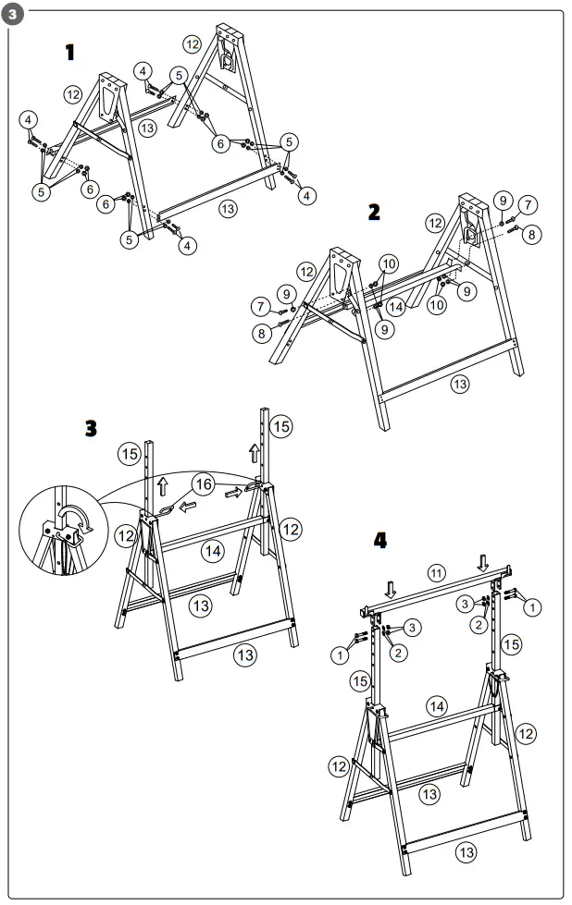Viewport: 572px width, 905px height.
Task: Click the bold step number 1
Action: (x=69, y=52)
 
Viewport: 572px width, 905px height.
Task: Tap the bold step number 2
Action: (x=373, y=212)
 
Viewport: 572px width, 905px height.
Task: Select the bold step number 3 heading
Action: (x=90, y=428)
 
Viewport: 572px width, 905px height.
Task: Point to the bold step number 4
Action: (x=379, y=540)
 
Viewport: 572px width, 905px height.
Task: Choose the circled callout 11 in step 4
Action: (x=437, y=573)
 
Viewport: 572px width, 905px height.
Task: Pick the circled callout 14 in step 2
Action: (x=395, y=305)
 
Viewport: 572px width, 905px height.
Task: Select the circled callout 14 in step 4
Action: (x=437, y=706)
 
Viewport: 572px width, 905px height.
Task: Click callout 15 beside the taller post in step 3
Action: (x=280, y=426)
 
